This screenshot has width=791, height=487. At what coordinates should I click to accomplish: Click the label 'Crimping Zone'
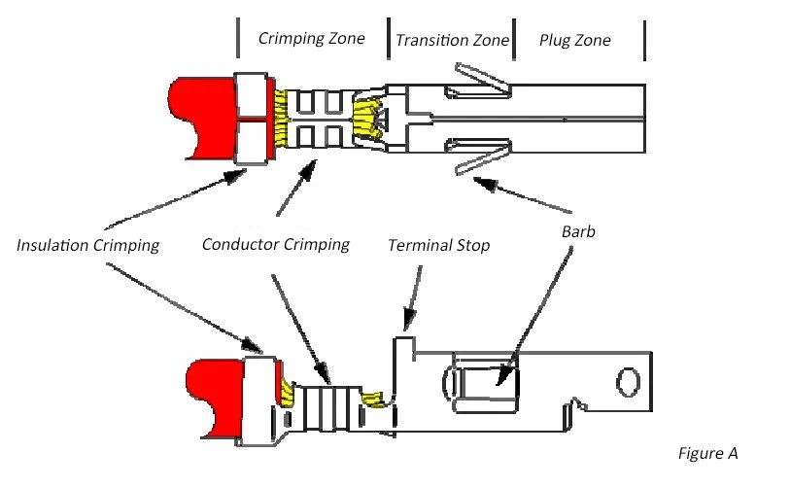tap(311, 39)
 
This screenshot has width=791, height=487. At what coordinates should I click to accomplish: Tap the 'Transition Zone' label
tap(451, 40)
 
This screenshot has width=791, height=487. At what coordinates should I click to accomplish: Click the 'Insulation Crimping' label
tap(87, 245)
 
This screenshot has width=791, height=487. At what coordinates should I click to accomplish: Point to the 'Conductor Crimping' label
tap(275, 243)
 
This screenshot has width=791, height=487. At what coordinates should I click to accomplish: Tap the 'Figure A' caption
tap(707, 453)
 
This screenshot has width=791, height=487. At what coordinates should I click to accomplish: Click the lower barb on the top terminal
tap(481, 158)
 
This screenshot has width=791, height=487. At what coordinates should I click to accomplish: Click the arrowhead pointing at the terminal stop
tap(407, 322)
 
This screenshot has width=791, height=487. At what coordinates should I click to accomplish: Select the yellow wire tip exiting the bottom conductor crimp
tap(373, 399)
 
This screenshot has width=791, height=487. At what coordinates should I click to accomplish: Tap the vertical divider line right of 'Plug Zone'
tap(644, 40)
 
